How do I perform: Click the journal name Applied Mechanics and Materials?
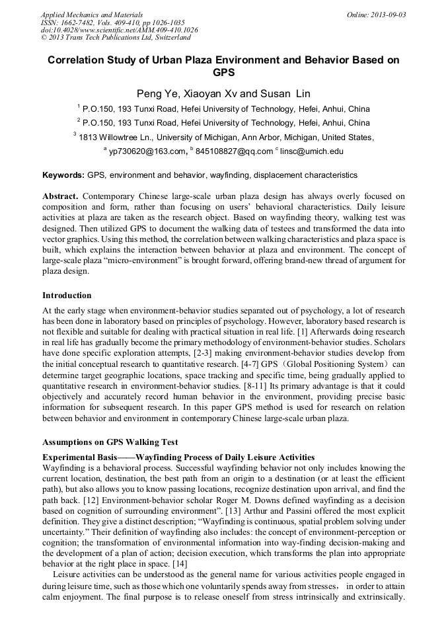click(92, 14)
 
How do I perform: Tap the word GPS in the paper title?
click(223, 72)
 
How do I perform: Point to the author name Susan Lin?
click(285, 93)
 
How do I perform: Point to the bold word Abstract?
click(61, 197)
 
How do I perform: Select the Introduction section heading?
click(67, 295)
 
